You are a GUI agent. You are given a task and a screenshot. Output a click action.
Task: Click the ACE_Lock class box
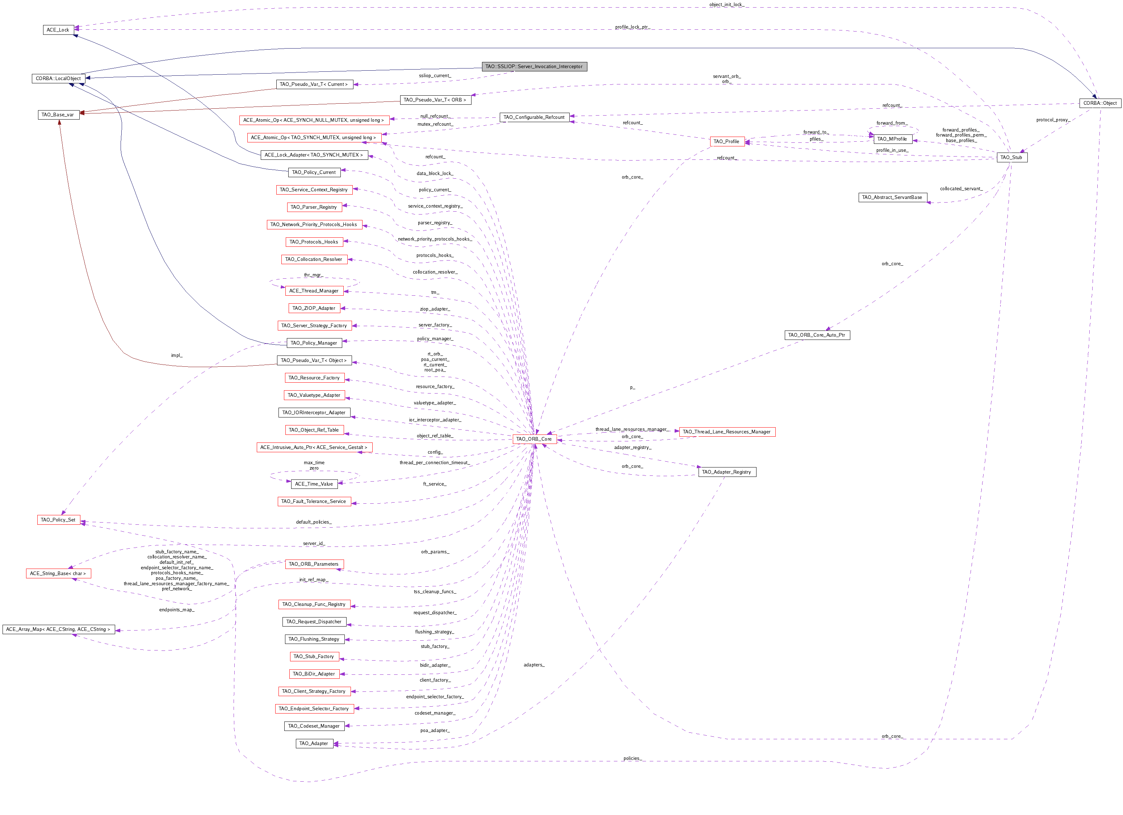click(58, 30)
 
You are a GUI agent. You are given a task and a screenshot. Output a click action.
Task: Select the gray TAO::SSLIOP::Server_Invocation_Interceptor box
click(534, 66)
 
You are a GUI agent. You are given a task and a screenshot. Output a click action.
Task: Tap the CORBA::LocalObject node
click(58, 78)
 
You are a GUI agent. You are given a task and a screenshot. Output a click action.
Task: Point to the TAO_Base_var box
click(58, 115)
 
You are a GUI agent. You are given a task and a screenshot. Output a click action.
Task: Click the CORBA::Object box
click(1100, 103)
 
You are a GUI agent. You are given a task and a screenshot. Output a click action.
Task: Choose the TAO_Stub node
click(1011, 158)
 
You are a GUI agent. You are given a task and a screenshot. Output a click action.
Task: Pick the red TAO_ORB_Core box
click(534, 439)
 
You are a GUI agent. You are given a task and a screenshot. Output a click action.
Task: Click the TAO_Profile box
click(727, 142)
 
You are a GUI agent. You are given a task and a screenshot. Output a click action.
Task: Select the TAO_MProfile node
click(892, 139)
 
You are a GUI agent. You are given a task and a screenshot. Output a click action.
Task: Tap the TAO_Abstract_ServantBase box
click(892, 197)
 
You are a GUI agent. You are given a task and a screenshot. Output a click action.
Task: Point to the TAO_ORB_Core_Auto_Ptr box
click(817, 335)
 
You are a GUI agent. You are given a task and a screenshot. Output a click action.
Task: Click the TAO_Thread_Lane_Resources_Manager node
click(727, 432)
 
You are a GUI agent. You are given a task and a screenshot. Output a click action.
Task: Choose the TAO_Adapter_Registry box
click(727, 472)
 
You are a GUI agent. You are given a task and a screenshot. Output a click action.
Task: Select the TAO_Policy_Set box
click(58, 520)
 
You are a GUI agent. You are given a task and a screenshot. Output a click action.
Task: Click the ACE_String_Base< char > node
click(58, 574)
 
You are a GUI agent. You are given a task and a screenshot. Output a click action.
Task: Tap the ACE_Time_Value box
click(314, 484)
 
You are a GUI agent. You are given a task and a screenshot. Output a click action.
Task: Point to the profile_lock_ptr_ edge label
click(632, 27)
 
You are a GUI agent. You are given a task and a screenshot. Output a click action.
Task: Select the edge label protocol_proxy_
click(1053, 120)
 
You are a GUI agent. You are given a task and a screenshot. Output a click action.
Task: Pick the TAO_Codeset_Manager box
click(314, 726)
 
